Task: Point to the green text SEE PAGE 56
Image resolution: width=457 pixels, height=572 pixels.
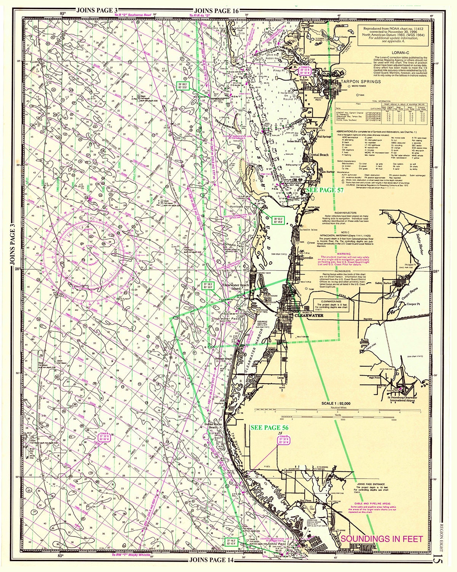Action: coord(269,428)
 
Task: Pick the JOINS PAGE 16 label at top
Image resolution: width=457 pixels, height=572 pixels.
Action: coord(216,11)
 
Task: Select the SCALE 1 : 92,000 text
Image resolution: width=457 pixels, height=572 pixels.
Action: coord(336,403)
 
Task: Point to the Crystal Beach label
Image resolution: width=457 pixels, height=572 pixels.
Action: coord(318,155)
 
